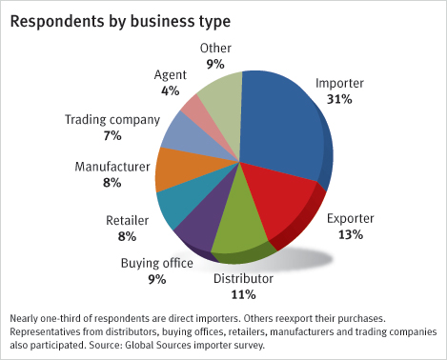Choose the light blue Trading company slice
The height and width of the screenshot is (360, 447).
click(x=197, y=140)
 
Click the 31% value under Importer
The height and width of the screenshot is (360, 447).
click(x=339, y=99)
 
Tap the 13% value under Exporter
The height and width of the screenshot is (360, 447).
click(x=350, y=235)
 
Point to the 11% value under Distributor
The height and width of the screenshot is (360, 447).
click(x=243, y=294)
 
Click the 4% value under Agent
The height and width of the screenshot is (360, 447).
click(x=170, y=91)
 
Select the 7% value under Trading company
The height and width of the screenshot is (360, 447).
click(x=112, y=136)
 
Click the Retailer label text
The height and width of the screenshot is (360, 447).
click(x=127, y=220)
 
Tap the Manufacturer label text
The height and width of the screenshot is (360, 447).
click(x=112, y=167)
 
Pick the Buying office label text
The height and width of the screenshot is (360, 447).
click(x=157, y=264)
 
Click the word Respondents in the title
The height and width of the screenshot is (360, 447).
click(x=57, y=22)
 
